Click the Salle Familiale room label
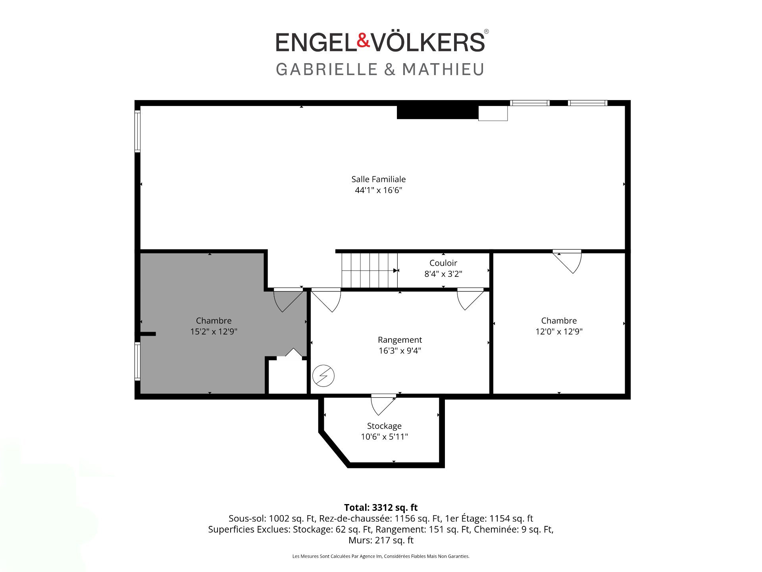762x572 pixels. point(379,179)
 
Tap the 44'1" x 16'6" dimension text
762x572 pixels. point(379,190)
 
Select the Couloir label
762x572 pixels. point(443,263)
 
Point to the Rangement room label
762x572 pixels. point(400,340)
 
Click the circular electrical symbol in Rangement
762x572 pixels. point(323,376)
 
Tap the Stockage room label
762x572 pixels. point(384,426)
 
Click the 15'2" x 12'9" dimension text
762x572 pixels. point(214,332)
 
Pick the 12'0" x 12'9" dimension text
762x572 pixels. point(559,332)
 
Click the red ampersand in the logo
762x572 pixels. point(364,41)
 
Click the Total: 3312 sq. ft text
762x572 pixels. point(381,507)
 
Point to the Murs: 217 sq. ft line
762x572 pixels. point(381,540)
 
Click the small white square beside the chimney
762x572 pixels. point(493,113)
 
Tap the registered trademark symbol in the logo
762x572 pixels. point(487,32)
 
